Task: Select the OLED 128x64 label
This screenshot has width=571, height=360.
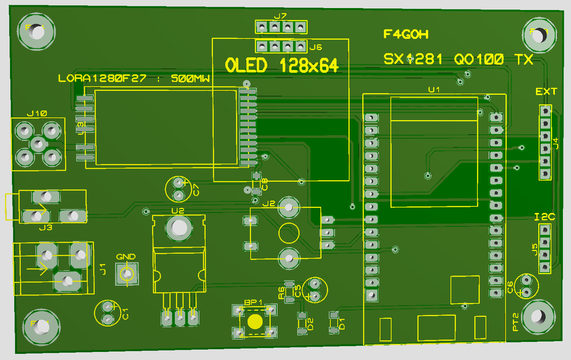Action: coord(281,66)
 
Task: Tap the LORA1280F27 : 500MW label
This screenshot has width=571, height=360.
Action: coord(134,78)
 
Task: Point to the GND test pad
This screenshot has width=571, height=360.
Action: coord(127,274)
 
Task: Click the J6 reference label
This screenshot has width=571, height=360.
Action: coord(315,47)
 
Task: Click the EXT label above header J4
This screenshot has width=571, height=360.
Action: coord(546,91)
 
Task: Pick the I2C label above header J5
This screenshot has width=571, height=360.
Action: coord(545,217)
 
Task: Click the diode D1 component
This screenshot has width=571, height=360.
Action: coord(334,322)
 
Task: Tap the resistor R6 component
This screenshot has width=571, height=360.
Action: coord(288,290)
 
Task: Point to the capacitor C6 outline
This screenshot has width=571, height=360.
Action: coord(526,286)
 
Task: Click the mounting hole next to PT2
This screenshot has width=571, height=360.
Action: coord(538,317)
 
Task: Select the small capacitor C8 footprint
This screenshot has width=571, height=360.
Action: coord(256,184)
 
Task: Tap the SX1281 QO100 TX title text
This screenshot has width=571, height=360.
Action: coord(458,59)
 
